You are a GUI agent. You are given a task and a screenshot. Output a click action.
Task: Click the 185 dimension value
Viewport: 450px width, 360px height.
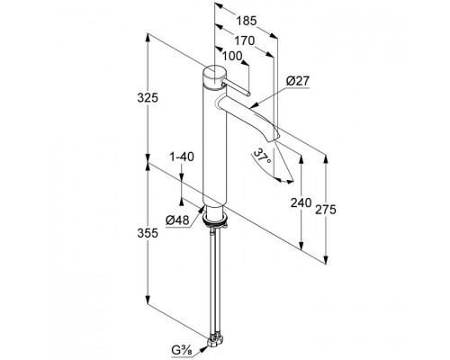(x=247, y=21)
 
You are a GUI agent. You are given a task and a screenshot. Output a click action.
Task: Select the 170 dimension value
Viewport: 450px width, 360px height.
(x=244, y=40)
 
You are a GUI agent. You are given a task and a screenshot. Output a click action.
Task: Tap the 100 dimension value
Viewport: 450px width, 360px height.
(x=232, y=56)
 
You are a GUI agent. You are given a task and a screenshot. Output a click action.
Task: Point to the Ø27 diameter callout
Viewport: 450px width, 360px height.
(x=297, y=81)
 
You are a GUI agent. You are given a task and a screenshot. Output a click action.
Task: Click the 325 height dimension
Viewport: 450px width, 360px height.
(x=148, y=98)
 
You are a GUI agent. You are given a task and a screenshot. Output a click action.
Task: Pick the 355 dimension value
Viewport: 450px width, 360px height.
(x=148, y=233)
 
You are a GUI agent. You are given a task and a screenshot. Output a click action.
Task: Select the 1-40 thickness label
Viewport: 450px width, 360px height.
(x=182, y=157)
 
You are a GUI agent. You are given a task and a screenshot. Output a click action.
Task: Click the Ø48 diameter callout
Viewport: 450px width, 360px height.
(x=177, y=220)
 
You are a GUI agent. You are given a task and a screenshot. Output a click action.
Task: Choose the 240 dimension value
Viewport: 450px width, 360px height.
(x=301, y=202)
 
